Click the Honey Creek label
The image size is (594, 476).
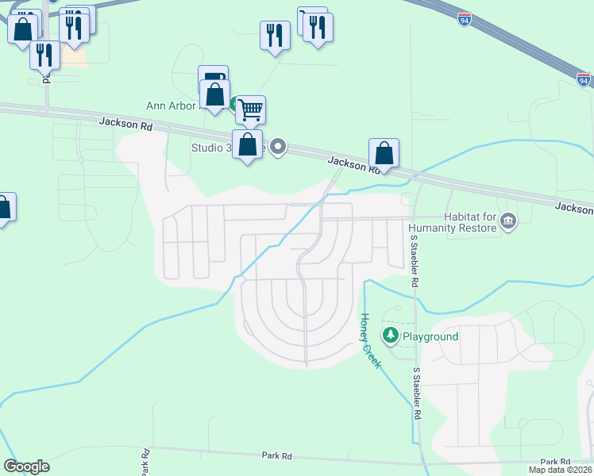click(x=371, y=340)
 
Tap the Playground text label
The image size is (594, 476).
click(x=430, y=336)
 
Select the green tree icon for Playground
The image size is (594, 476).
click(x=390, y=336)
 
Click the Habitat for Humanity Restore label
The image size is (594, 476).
click(x=451, y=223)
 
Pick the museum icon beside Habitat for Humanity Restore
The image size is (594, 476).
click(x=509, y=221)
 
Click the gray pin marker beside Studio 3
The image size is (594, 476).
click(x=278, y=147)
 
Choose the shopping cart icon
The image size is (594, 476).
click(x=250, y=109)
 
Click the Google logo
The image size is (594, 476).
click(x=26, y=466)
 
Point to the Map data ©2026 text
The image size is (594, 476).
click(x=559, y=470)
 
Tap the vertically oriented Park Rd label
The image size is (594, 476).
click(x=146, y=463)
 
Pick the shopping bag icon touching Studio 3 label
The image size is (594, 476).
click(x=248, y=145)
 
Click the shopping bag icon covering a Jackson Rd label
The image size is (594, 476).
click(x=384, y=152)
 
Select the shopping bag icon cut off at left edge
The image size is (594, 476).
click(x=5, y=208)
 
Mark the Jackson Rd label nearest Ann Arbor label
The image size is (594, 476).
click(x=125, y=123)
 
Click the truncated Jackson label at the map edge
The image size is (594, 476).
click(x=575, y=208)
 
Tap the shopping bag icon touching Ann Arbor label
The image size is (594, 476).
click(x=215, y=94)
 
